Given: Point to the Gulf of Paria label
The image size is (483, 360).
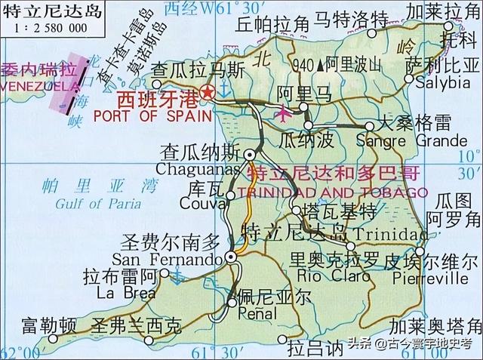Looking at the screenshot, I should tap(98, 202).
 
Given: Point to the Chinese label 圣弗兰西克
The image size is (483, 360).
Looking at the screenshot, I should tap(136, 327).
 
